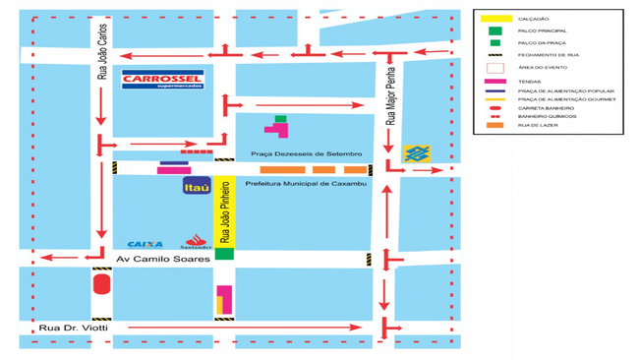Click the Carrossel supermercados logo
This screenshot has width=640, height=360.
coord(161,79)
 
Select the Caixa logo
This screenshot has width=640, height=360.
coord(145,244)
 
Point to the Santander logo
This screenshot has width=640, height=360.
coord(198,242)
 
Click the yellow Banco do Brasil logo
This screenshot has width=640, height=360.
coord(417,154)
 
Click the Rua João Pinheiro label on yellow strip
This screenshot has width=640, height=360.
coord(224,211)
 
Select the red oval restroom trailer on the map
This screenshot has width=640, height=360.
coord(101,285)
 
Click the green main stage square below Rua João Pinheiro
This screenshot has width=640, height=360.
coord(224,254)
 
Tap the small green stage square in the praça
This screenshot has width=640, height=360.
coord(280,118)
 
